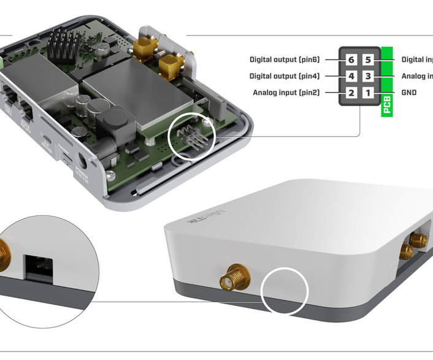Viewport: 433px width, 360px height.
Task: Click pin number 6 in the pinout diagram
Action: pyautogui.click(x=351, y=60)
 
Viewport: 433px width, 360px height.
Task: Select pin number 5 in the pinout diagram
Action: pyautogui.click(x=367, y=60)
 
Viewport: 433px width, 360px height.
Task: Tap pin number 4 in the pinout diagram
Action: pyautogui.click(x=351, y=77)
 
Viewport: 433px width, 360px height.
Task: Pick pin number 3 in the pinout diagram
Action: pyautogui.click(x=367, y=77)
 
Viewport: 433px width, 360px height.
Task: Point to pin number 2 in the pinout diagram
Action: pyautogui.click(x=351, y=93)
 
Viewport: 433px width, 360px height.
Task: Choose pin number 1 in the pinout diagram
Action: pyautogui.click(x=367, y=93)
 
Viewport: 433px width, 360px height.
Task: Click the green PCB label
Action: pyautogui.click(x=387, y=105)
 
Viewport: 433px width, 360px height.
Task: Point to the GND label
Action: pyautogui.click(x=409, y=93)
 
